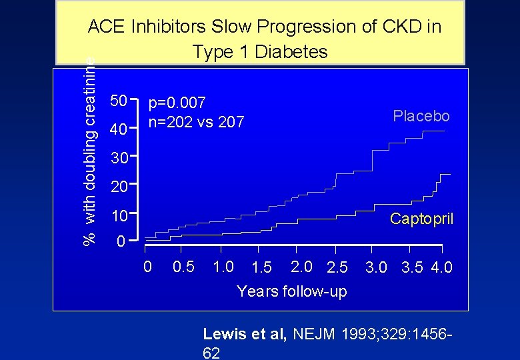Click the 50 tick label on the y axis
tap(119, 101)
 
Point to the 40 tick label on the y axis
tap(119, 130)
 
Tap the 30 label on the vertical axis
tap(119, 159)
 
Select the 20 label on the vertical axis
tap(119, 187)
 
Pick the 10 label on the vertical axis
tap(119, 217)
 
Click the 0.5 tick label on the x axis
tap(183, 267)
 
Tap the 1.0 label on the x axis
tap(223, 267)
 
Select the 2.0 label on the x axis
tap(302, 267)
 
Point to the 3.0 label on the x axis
tap(377, 268)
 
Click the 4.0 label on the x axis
tap(441, 268)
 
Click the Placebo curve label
tap(421, 116)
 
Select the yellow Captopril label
tap(421, 219)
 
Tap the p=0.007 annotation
tap(177, 103)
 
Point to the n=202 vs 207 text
tap(196, 122)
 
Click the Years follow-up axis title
tap(291, 291)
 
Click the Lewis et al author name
tap(243, 334)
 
